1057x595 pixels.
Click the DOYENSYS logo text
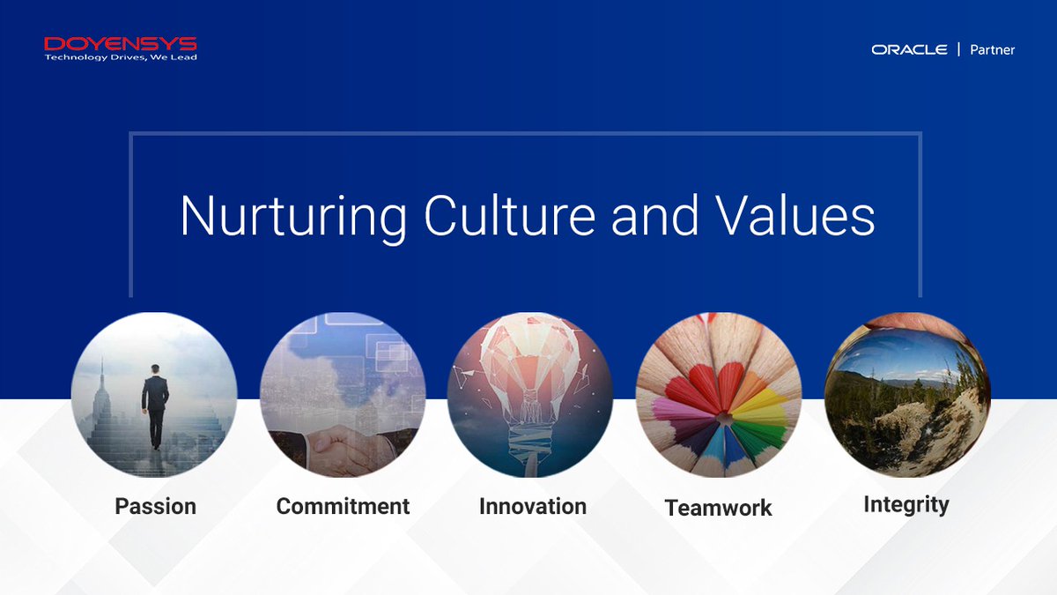121,43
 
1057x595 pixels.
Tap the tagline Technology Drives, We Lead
121,57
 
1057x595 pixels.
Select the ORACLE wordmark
909,50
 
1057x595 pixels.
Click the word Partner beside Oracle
993,50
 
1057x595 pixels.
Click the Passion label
156,506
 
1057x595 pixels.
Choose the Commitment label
343,506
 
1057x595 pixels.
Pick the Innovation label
533,506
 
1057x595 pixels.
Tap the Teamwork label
718,508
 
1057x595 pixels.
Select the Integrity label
905,504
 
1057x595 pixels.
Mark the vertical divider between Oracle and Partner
958,50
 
